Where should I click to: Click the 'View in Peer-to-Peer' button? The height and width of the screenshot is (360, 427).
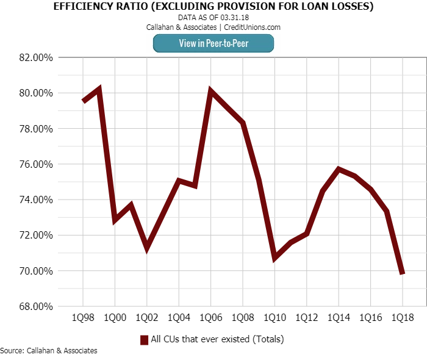(213, 43)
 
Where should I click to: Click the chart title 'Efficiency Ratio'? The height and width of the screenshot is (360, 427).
(213, 7)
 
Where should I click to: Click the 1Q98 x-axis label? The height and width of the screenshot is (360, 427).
(83, 318)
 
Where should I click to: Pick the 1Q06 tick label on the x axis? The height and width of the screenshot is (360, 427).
(210, 318)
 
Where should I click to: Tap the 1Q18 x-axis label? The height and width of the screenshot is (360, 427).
(402, 318)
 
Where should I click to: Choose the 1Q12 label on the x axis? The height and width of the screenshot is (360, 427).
(306, 318)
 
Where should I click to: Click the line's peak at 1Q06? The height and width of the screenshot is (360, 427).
(210, 92)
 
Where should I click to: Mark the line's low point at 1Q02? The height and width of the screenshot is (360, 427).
(147, 248)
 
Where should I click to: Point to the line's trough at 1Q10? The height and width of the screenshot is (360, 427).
(274, 258)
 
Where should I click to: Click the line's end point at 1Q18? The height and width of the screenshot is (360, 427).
(402, 273)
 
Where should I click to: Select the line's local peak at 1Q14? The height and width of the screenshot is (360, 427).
(338, 169)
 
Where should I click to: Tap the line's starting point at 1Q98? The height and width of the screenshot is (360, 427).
(83, 101)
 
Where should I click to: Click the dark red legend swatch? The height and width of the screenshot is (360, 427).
(145, 339)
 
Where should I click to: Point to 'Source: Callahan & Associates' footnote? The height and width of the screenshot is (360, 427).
(49, 351)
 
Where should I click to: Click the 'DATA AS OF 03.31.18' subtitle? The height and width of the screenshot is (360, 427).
(213, 18)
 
